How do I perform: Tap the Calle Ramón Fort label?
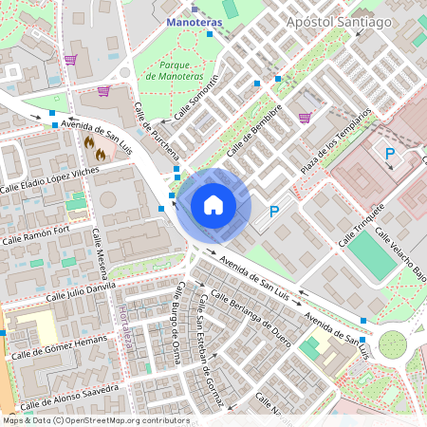(x=35, y=234)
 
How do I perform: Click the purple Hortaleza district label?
(x=125, y=325)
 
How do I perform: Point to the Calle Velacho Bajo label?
(x=399, y=249)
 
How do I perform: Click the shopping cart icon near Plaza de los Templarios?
(x=305, y=118)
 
